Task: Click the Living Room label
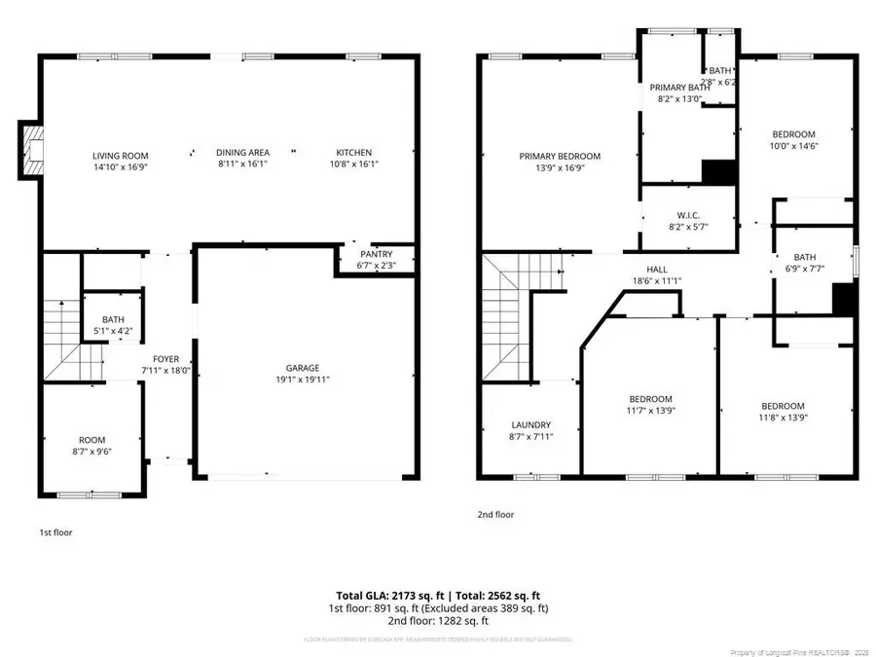[x=120, y=155]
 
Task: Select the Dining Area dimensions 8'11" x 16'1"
[x=242, y=164]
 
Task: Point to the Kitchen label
[x=353, y=153]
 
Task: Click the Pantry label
[x=376, y=254]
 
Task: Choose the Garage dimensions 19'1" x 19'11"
[x=302, y=380]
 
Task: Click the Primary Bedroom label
[x=560, y=156]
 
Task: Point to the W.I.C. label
[x=688, y=215]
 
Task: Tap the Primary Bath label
[x=679, y=88]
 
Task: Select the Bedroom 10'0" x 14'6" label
[x=793, y=134]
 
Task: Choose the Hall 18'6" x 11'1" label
[x=657, y=270]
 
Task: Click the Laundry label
[x=531, y=425]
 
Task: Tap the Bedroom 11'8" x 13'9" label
[x=783, y=406]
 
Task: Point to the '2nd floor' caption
[x=496, y=514]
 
